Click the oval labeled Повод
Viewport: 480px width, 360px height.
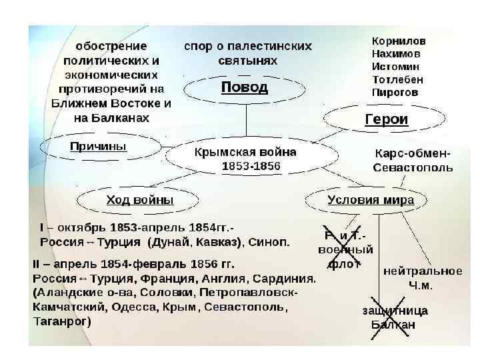point(245,87)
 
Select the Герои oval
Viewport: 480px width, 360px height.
point(386,120)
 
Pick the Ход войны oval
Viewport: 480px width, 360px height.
point(139,200)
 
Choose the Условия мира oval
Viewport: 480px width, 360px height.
point(370,200)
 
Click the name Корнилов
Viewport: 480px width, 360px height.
point(399,41)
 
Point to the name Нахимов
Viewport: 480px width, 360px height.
point(397,54)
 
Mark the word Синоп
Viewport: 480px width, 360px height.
point(270,241)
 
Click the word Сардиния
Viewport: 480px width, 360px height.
point(286,278)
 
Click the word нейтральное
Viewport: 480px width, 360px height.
point(422,271)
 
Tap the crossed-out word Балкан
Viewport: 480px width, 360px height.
point(393,325)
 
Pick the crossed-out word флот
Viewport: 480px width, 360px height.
point(343,264)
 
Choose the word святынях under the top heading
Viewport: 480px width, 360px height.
point(247,60)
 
